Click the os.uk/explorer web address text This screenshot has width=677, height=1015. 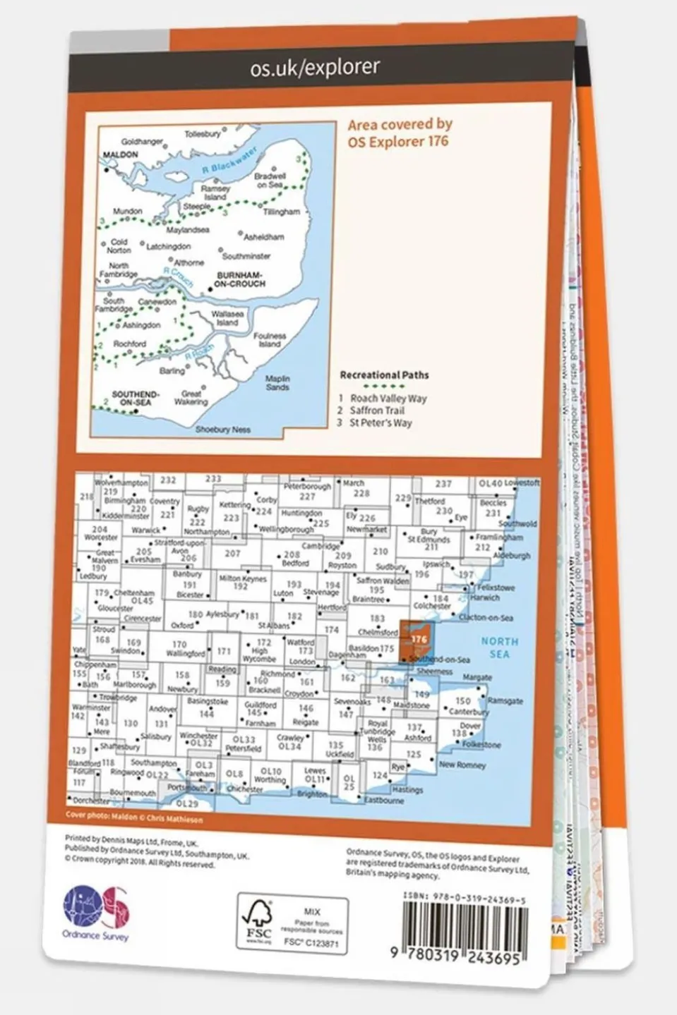pyautogui.click(x=315, y=67)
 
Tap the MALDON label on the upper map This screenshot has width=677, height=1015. pyautogui.click(x=121, y=154)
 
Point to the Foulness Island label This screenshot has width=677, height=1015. pyautogui.click(x=270, y=340)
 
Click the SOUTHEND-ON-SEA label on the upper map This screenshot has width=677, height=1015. pyautogui.click(x=136, y=398)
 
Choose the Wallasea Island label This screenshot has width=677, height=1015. pyautogui.click(x=227, y=318)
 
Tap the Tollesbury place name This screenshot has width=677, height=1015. pyautogui.click(x=203, y=134)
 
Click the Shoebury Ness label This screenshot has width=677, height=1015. pyautogui.click(x=222, y=429)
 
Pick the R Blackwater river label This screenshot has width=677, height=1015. pyautogui.click(x=227, y=159)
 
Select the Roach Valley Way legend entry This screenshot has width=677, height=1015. pyautogui.click(x=388, y=398)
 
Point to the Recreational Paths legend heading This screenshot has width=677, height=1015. pyautogui.click(x=384, y=375)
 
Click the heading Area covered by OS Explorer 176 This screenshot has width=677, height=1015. pyautogui.click(x=400, y=133)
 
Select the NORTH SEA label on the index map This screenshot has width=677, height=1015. pyautogui.click(x=500, y=648)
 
